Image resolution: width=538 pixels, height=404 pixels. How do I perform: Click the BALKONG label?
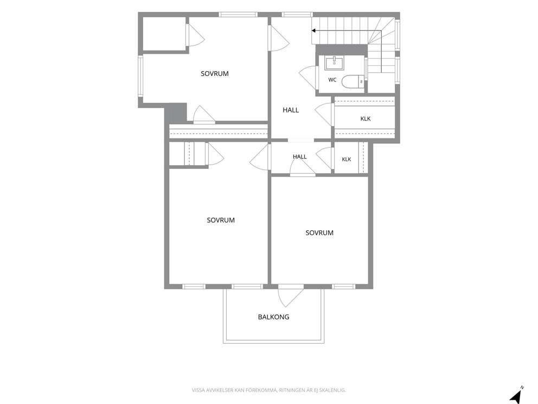click(x=273, y=317)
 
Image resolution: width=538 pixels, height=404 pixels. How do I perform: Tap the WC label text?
click(x=332, y=80)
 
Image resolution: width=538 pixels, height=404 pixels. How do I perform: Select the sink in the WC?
click(x=334, y=64)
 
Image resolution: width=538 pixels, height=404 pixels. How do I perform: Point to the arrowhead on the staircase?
click(x=313, y=30)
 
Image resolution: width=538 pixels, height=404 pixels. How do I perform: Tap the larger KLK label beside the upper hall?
click(x=366, y=118)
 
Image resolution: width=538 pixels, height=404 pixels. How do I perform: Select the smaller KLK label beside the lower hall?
click(x=347, y=159)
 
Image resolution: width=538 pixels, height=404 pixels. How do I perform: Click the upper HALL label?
click(x=291, y=110)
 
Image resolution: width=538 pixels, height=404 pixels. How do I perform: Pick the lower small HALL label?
click(x=299, y=156)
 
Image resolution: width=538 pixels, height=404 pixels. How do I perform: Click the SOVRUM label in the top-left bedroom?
click(x=214, y=73)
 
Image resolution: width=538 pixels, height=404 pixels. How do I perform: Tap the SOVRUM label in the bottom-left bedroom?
click(x=221, y=220)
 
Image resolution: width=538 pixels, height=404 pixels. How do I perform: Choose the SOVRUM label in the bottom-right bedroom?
click(x=319, y=232)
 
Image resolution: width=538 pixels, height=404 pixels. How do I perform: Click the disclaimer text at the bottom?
click(x=268, y=390)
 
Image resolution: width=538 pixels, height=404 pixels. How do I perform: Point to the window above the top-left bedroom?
click(x=238, y=15)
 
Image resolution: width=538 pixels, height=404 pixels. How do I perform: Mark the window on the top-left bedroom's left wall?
click(x=140, y=76)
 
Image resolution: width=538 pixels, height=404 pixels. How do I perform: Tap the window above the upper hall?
click(x=297, y=15)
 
